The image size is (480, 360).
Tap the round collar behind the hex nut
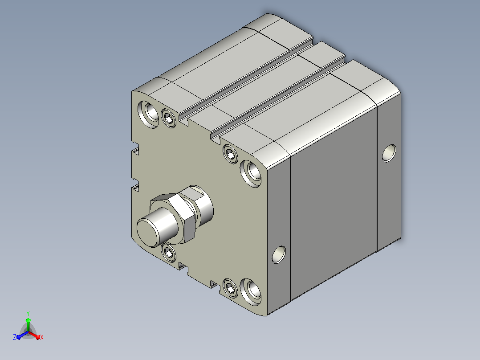[x=200, y=203]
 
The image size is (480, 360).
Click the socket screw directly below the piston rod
[x=168, y=253]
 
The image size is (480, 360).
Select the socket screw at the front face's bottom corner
[x=230, y=288]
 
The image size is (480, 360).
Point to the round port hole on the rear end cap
[x=389, y=153]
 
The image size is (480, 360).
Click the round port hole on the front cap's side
[x=279, y=254]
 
